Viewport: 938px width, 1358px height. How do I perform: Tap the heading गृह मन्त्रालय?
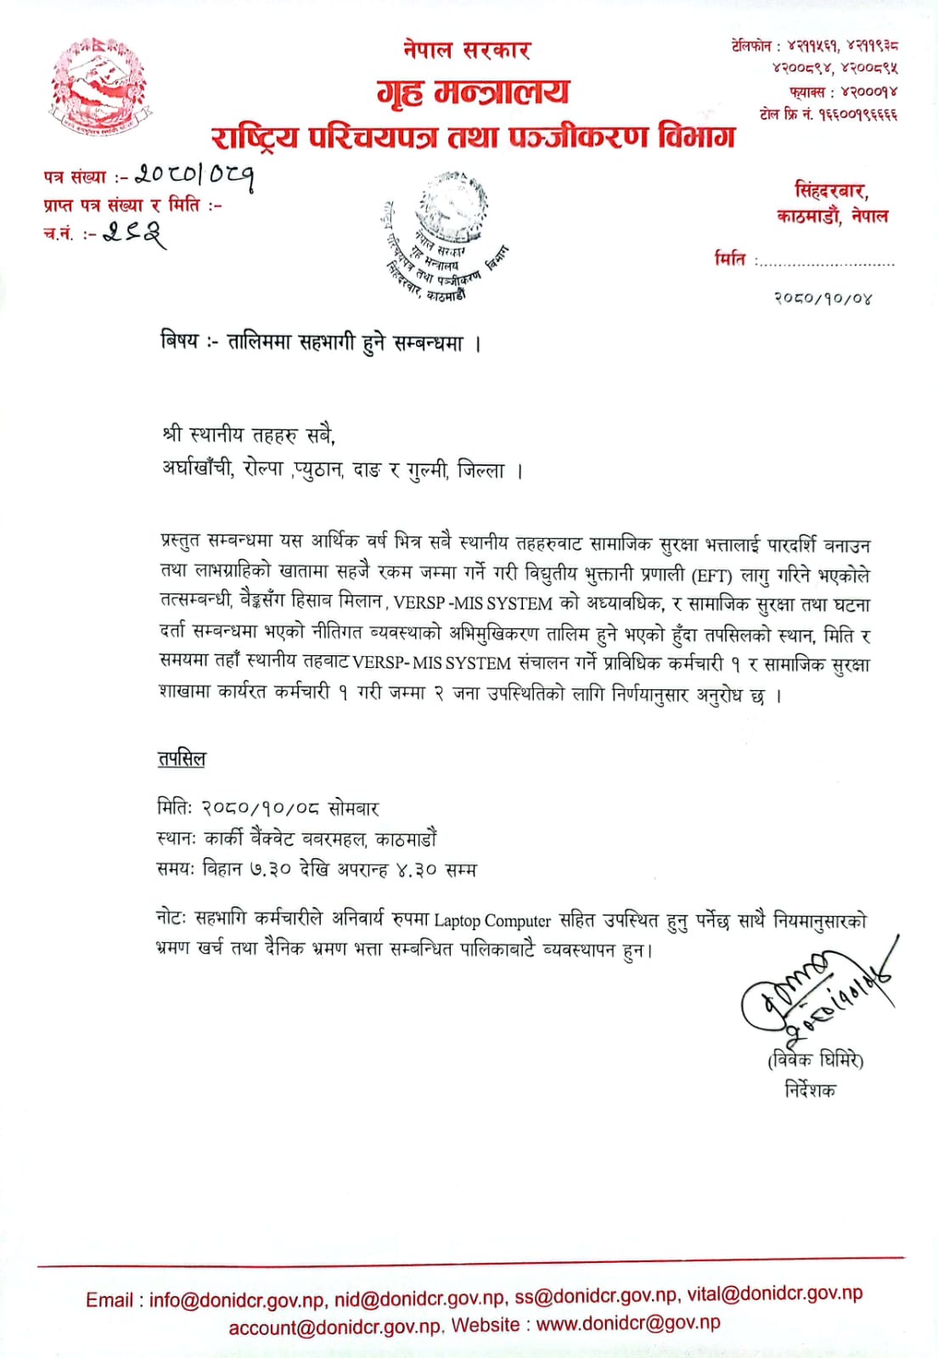click(x=473, y=93)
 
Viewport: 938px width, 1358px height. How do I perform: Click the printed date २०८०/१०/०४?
click(x=823, y=298)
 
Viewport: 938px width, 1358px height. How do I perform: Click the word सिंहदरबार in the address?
click(x=831, y=191)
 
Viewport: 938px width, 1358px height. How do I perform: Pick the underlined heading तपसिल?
click(x=182, y=759)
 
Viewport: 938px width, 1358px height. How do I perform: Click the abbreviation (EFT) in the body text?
click(x=711, y=575)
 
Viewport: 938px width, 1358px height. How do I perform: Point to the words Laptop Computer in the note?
click(x=492, y=921)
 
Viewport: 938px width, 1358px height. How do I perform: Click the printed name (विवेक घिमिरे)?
click(x=815, y=1060)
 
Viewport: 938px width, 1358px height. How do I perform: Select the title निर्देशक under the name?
click(x=810, y=1089)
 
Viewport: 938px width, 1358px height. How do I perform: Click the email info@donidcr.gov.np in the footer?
click(x=237, y=1300)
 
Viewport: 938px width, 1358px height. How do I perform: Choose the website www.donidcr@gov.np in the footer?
click(x=628, y=1323)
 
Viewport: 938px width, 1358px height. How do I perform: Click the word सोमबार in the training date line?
click(x=353, y=809)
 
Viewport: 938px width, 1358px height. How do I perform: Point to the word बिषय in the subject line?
click(x=179, y=341)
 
